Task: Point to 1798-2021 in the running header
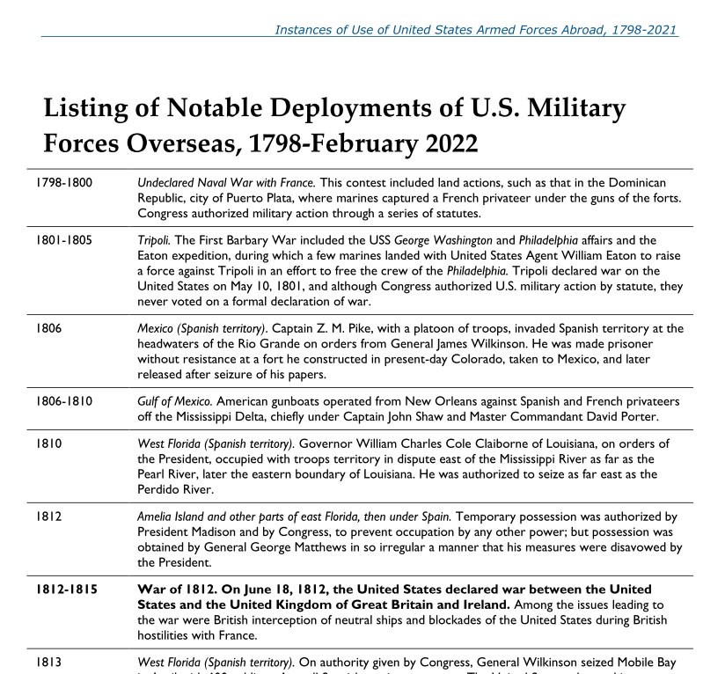coord(646,29)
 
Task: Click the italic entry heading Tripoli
coord(154,238)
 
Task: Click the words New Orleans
coord(385,401)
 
